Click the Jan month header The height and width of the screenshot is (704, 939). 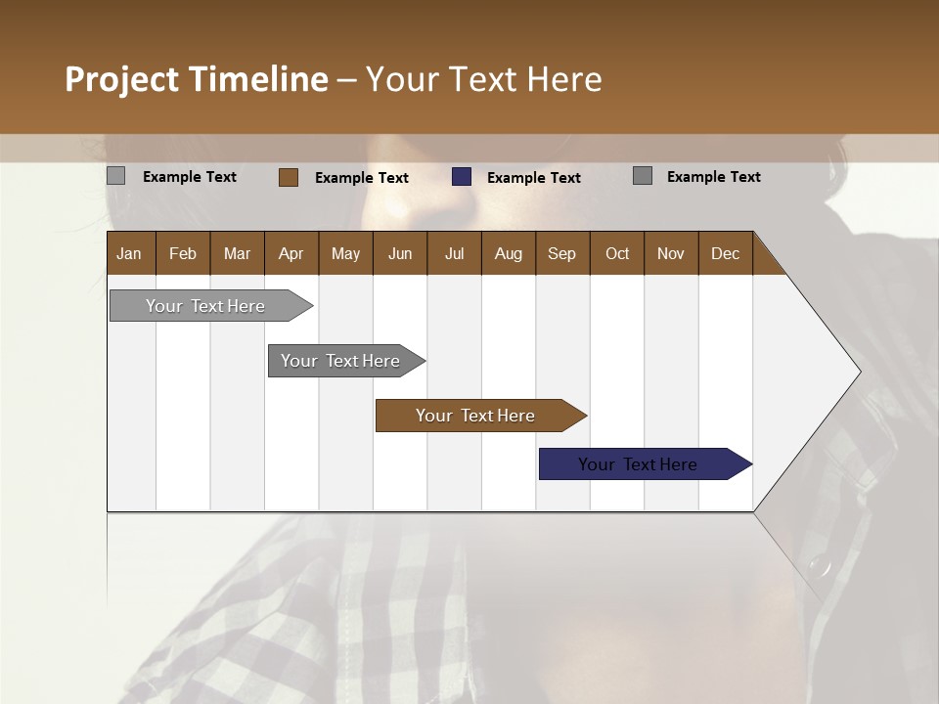(x=130, y=253)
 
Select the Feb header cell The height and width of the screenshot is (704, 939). (x=183, y=253)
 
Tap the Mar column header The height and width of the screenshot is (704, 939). (x=237, y=253)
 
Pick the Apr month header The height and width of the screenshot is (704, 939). (x=291, y=253)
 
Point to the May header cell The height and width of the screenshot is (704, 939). (x=345, y=253)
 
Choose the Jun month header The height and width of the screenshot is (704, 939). (x=400, y=253)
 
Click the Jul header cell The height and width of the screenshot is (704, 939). (x=454, y=253)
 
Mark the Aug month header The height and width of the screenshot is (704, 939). (x=508, y=253)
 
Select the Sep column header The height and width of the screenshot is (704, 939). (x=562, y=253)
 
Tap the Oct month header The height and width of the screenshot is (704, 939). (x=617, y=253)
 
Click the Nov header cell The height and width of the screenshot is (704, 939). (x=671, y=253)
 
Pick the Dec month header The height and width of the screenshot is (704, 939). (x=726, y=253)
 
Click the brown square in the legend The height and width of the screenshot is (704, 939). (x=288, y=177)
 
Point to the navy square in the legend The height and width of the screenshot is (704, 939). (x=462, y=177)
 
